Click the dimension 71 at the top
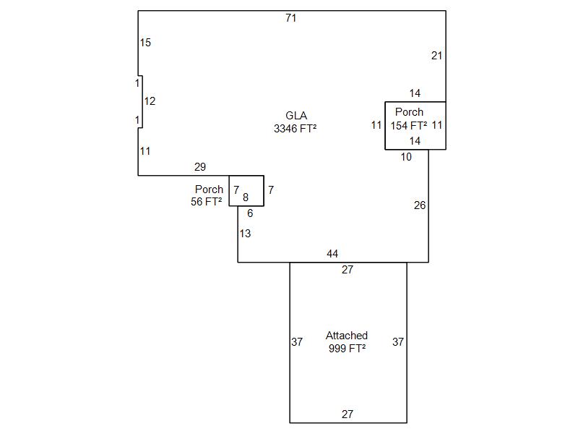[291, 18]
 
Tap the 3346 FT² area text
[296, 129]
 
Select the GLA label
[296, 116]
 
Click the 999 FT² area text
[347, 348]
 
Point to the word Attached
[347, 336]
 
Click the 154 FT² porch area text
[409, 125]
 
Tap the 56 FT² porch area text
[207, 203]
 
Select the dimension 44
[332, 254]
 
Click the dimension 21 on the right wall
[437, 56]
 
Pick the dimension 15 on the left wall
[145, 43]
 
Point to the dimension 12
[150, 101]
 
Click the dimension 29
[200, 167]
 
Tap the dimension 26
[420, 205]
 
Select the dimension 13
[246, 234]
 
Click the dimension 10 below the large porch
[407, 157]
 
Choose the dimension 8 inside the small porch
[246, 197]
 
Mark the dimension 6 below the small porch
[250, 213]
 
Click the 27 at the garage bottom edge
[348, 414]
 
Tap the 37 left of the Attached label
[297, 342]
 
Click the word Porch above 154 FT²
[409, 112]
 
